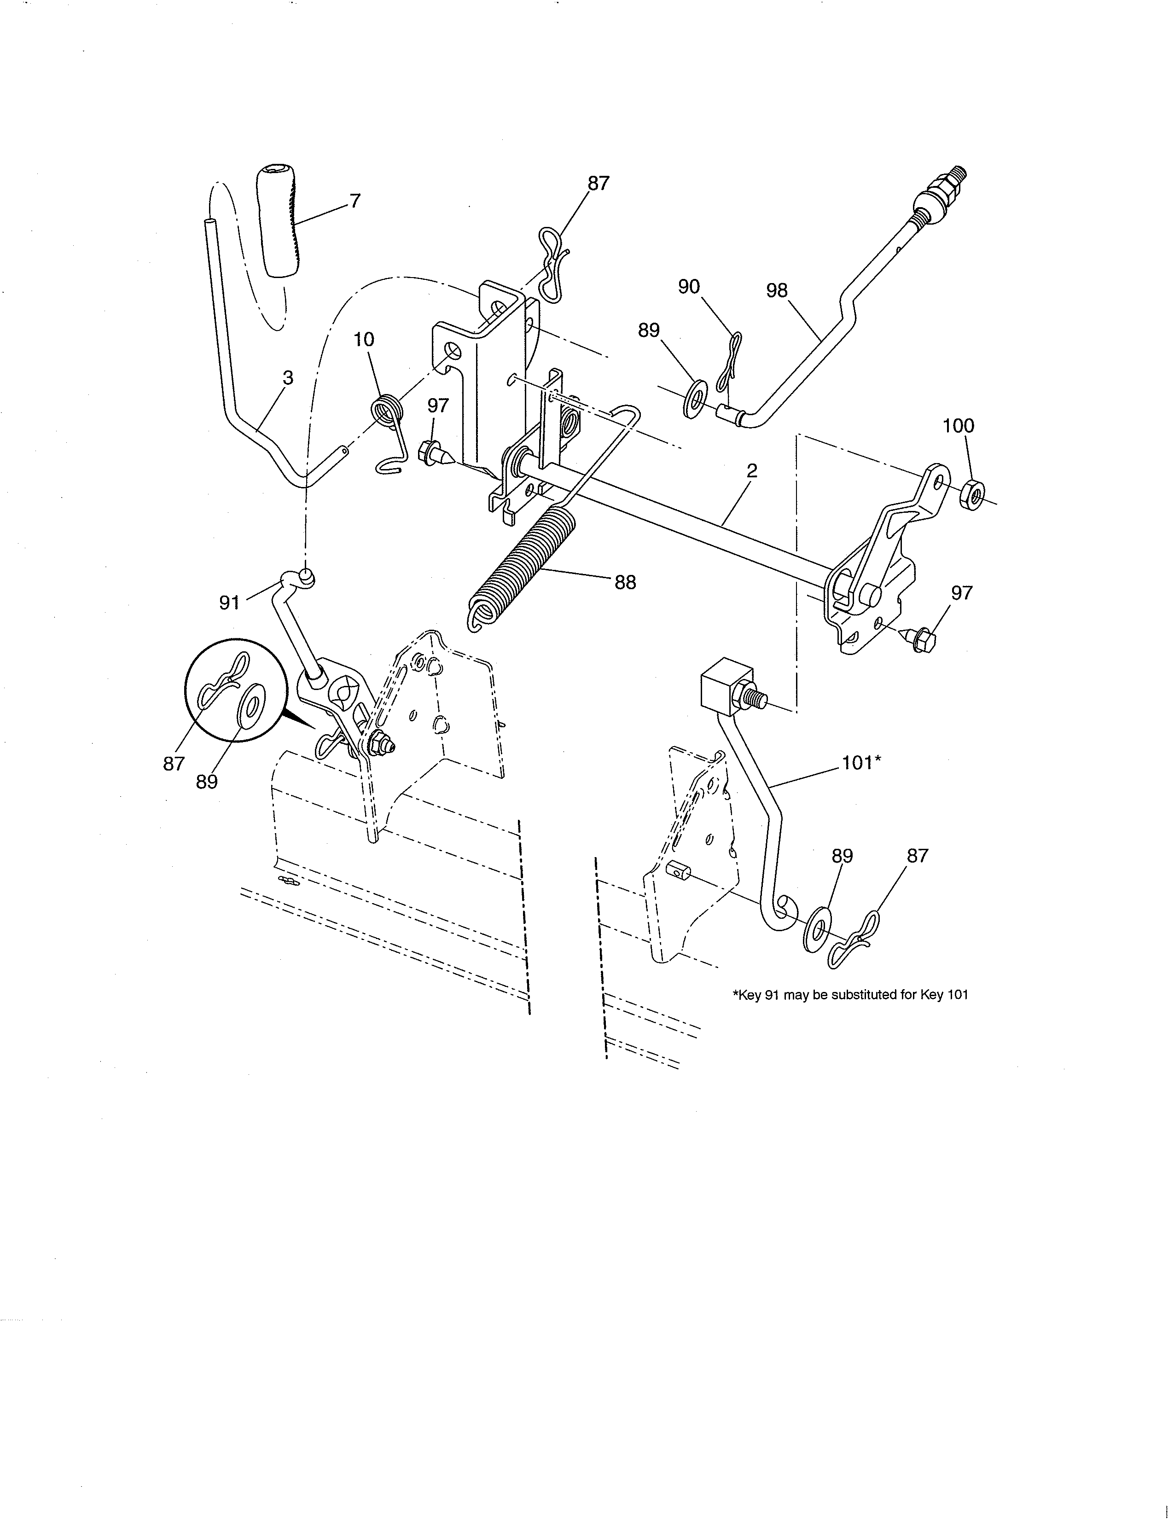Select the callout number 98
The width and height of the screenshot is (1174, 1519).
[x=776, y=291]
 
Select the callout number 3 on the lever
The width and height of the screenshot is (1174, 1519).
[x=287, y=377]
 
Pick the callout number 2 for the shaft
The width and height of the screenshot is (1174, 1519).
[x=751, y=471]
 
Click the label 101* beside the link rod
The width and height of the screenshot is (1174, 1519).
[x=861, y=763]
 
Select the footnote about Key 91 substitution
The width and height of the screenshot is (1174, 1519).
[x=850, y=995]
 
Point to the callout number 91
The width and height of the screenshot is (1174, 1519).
[x=230, y=603]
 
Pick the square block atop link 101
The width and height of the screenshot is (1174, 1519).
[x=726, y=685]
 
